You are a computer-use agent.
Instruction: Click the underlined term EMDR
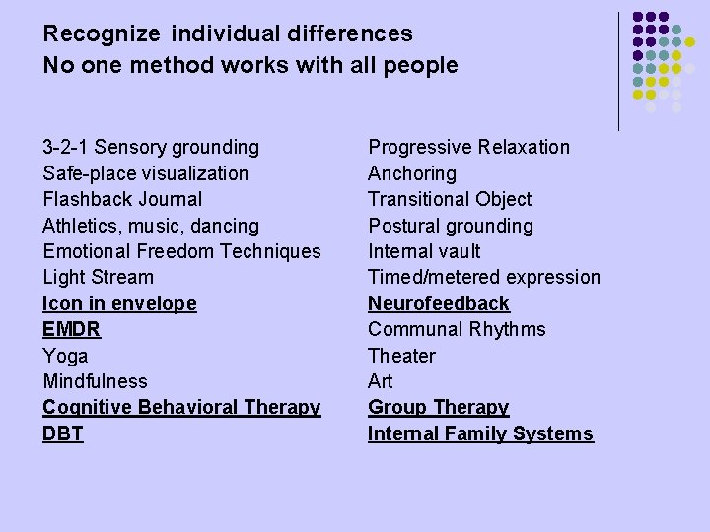71,330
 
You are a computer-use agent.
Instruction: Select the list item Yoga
65,356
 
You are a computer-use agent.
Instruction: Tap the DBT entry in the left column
62,433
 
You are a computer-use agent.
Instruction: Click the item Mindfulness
95,381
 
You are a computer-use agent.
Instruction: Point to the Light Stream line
98,278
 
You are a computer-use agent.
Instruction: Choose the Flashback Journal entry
122,200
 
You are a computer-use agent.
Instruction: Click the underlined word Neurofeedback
439,303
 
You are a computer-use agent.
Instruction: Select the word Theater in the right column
401,356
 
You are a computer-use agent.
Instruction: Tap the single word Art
380,381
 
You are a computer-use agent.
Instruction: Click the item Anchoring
412,173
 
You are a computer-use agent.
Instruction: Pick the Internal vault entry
424,251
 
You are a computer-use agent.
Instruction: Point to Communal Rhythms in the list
457,329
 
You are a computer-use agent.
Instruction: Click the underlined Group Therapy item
438,407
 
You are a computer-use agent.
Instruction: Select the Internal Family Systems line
480,433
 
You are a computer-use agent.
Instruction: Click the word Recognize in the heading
102,34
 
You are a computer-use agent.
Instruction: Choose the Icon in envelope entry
119,303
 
